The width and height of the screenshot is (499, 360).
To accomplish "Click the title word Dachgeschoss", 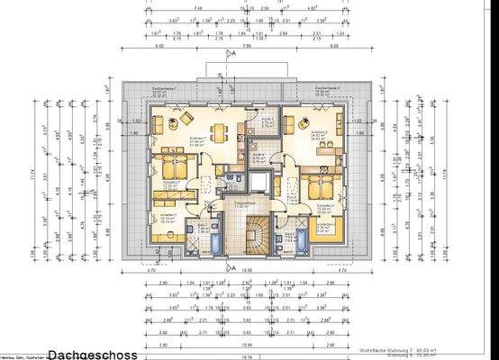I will pos(93,354).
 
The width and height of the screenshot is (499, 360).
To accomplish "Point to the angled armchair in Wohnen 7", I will pos(186,118).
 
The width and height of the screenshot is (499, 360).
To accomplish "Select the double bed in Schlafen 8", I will pos(318,187).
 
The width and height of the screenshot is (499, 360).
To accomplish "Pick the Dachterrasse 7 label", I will pos(161,92).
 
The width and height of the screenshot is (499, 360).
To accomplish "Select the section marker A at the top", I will pos(232,54).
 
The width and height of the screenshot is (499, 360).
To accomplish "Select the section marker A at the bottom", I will pos(232,268).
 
